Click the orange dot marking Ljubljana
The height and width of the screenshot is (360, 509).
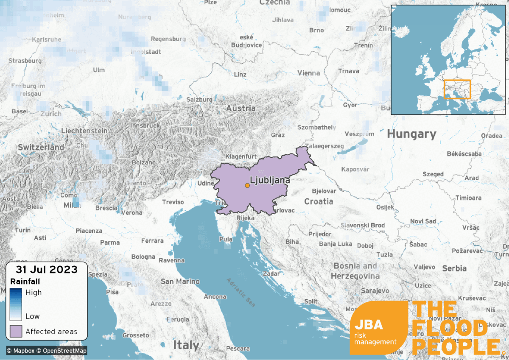[x=247, y=185]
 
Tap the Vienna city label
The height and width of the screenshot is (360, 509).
[x=309, y=73]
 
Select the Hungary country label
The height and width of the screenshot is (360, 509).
[x=411, y=134]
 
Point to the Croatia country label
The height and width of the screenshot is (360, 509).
[x=319, y=201]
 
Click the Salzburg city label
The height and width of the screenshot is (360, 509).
[x=199, y=100]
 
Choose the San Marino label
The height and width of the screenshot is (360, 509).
[x=180, y=282]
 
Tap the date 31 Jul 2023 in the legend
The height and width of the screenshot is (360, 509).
[x=47, y=269]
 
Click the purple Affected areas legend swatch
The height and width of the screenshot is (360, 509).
[x=16, y=331]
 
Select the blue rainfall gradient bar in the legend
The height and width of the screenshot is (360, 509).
[x=16, y=304]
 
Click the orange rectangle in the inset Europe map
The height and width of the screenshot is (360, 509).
[x=457, y=89]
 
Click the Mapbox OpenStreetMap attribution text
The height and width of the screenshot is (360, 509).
[x=47, y=351]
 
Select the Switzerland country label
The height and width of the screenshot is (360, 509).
[x=41, y=148]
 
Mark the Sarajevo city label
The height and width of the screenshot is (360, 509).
[x=375, y=291]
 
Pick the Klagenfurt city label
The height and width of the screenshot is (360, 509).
[x=242, y=156]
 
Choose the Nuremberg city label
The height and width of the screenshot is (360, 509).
[x=134, y=17]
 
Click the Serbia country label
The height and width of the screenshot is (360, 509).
[x=454, y=268]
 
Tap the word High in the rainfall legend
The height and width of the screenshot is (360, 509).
[x=34, y=293]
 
